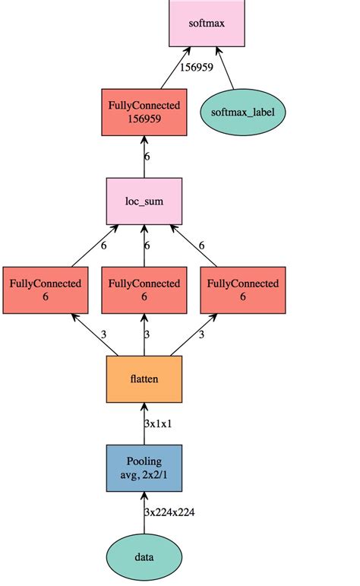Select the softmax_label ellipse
[x=237, y=112]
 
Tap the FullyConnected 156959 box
[x=144, y=112]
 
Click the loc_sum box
[x=144, y=201]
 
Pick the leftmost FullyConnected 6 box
[x=45, y=290]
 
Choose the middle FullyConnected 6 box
[x=144, y=290]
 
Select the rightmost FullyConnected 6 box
[x=243, y=290]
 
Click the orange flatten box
[x=144, y=379]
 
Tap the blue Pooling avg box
[x=144, y=467]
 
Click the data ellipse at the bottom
[x=144, y=556]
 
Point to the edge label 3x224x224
[x=170, y=512]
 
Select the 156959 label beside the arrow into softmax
[x=195, y=67]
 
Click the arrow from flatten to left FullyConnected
[x=95, y=334]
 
